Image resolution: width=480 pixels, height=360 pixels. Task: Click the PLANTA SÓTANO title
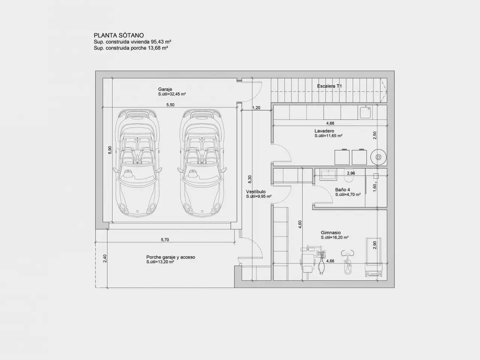(119, 35)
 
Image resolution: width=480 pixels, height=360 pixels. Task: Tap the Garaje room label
(165, 89)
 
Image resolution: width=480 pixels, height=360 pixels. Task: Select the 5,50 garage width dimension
(170, 105)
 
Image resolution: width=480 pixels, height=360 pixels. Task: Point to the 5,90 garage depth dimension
(110, 150)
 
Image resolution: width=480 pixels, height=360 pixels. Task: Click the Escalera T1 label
(329, 86)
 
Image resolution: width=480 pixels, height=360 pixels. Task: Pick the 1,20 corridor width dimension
(256, 108)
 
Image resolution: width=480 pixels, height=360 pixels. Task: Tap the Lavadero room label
(324, 131)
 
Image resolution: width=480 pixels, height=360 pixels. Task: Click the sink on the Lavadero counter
(365, 112)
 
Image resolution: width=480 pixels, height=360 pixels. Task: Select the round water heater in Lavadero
(378, 157)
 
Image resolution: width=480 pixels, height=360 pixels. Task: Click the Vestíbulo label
(256, 192)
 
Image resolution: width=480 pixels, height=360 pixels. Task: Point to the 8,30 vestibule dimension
(250, 179)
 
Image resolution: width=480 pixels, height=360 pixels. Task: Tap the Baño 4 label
(343, 190)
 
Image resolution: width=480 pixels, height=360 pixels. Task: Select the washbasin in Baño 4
(328, 174)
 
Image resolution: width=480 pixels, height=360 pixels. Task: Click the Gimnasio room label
(331, 232)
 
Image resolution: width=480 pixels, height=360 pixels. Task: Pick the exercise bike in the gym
(348, 262)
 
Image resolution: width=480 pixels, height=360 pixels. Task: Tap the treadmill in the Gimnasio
(374, 258)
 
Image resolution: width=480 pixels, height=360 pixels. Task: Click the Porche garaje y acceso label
(171, 257)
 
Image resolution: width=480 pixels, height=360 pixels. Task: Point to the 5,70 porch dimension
(165, 240)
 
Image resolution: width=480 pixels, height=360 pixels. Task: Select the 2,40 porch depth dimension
(105, 258)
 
